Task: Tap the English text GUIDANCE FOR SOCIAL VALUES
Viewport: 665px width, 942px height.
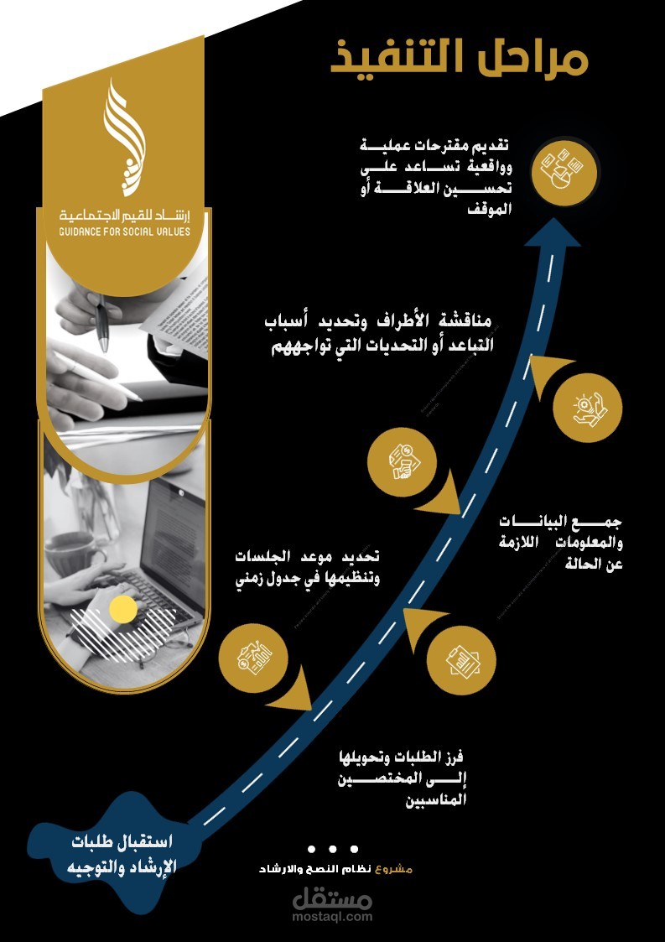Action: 124,231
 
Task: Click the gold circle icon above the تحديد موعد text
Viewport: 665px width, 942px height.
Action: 399,461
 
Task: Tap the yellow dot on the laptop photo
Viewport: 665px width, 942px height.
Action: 123,610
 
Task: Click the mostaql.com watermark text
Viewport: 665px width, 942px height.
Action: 332,917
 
